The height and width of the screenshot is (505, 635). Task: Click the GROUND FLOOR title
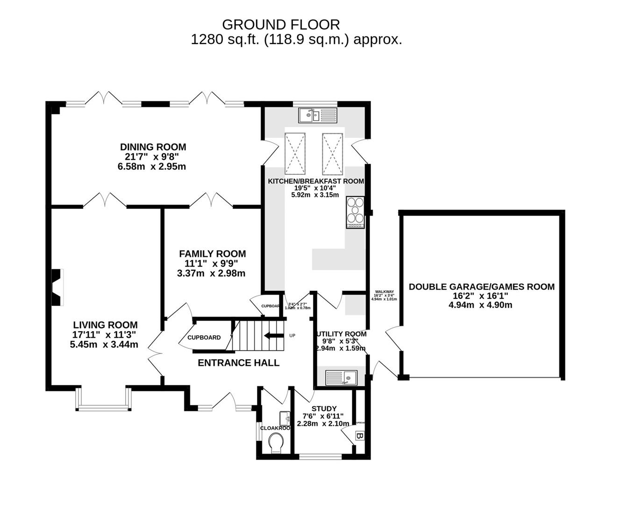[x=281, y=24]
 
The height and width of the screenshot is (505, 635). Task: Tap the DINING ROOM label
[x=153, y=147]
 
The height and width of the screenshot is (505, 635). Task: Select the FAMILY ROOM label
[x=212, y=253]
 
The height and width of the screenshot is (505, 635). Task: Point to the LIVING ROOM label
[x=105, y=325]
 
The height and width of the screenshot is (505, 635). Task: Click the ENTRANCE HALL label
[x=238, y=363]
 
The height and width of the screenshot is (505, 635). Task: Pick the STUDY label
[x=324, y=409]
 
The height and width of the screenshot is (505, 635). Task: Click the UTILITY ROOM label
[x=342, y=334]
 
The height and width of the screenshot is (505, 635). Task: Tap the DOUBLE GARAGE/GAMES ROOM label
[x=481, y=287]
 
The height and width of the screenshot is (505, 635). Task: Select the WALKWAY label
[x=384, y=292]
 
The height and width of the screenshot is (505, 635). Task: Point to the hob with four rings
[x=355, y=213]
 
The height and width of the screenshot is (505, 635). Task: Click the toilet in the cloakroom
[x=277, y=442]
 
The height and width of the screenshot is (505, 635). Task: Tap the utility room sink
[x=341, y=377]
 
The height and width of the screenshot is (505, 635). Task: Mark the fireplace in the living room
[x=57, y=288]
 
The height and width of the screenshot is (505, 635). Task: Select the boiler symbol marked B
[x=360, y=437]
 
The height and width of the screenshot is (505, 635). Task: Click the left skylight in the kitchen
[x=295, y=153]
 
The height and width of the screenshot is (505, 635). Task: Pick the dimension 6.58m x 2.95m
[x=151, y=166]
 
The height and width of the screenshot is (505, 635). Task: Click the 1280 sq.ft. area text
[x=226, y=40]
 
